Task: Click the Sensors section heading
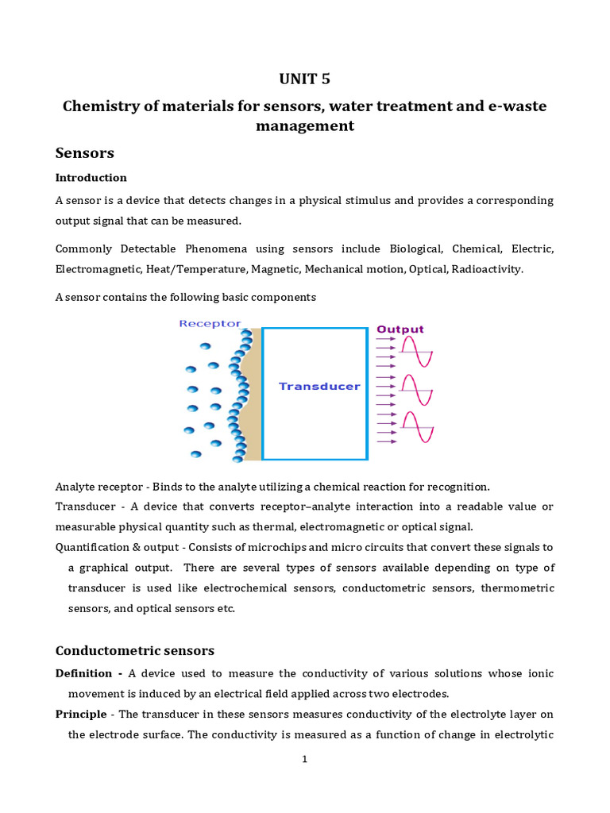click(x=85, y=152)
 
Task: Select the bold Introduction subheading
click(x=91, y=177)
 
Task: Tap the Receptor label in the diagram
click(x=210, y=324)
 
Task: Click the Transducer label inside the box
click(x=319, y=387)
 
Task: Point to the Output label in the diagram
click(x=400, y=329)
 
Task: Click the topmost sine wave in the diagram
click(x=416, y=351)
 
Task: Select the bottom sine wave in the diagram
click(x=416, y=428)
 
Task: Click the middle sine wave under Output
click(x=416, y=390)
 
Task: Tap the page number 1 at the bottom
click(x=304, y=759)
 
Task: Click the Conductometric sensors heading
click(x=135, y=650)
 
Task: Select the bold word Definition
click(x=84, y=673)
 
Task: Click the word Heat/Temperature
click(x=196, y=269)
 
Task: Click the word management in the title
click(x=304, y=126)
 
